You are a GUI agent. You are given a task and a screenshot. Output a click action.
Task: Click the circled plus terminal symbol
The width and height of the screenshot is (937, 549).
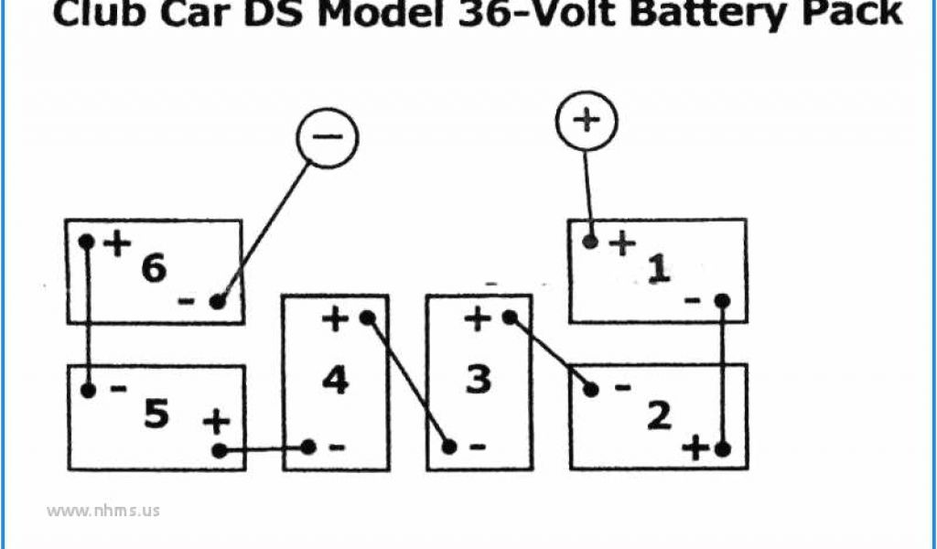click(x=587, y=120)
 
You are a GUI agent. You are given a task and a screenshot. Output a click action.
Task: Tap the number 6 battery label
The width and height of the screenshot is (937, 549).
click(x=154, y=269)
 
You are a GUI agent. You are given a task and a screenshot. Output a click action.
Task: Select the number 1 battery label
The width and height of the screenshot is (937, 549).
click(x=657, y=269)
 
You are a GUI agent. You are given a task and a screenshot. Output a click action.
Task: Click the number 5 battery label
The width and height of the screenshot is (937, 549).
click(x=156, y=414)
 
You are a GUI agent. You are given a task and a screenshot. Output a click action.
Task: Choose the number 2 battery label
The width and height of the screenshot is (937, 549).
click(x=659, y=415)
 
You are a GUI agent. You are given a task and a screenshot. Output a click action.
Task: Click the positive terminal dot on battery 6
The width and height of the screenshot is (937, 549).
click(x=87, y=242)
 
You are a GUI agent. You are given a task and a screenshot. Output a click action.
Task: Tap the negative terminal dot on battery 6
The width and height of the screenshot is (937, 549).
click(x=218, y=301)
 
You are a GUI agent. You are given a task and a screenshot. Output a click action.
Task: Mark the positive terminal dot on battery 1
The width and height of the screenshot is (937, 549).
click(x=591, y=242)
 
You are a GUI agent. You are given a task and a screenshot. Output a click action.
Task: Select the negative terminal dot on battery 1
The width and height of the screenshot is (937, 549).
click(x=723, y=300)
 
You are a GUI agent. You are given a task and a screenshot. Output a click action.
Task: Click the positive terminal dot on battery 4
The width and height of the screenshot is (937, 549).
click(x=367, y=318)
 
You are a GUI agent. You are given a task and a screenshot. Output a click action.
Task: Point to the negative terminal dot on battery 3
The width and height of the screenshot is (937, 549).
click(x=449, y=447)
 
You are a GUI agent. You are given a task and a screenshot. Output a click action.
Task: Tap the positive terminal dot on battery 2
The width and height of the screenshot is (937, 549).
click(x=723, y=448)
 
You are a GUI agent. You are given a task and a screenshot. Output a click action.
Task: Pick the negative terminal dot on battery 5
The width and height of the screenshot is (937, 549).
click(x=88, y=391)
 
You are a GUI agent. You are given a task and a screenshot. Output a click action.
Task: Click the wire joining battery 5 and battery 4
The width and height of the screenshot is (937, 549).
click(x=264, y=448)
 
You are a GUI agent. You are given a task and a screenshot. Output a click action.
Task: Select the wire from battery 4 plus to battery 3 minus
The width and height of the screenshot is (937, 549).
click(x=408, y=382)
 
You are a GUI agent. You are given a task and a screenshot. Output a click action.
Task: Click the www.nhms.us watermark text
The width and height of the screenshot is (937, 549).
click(x=102, y=511)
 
